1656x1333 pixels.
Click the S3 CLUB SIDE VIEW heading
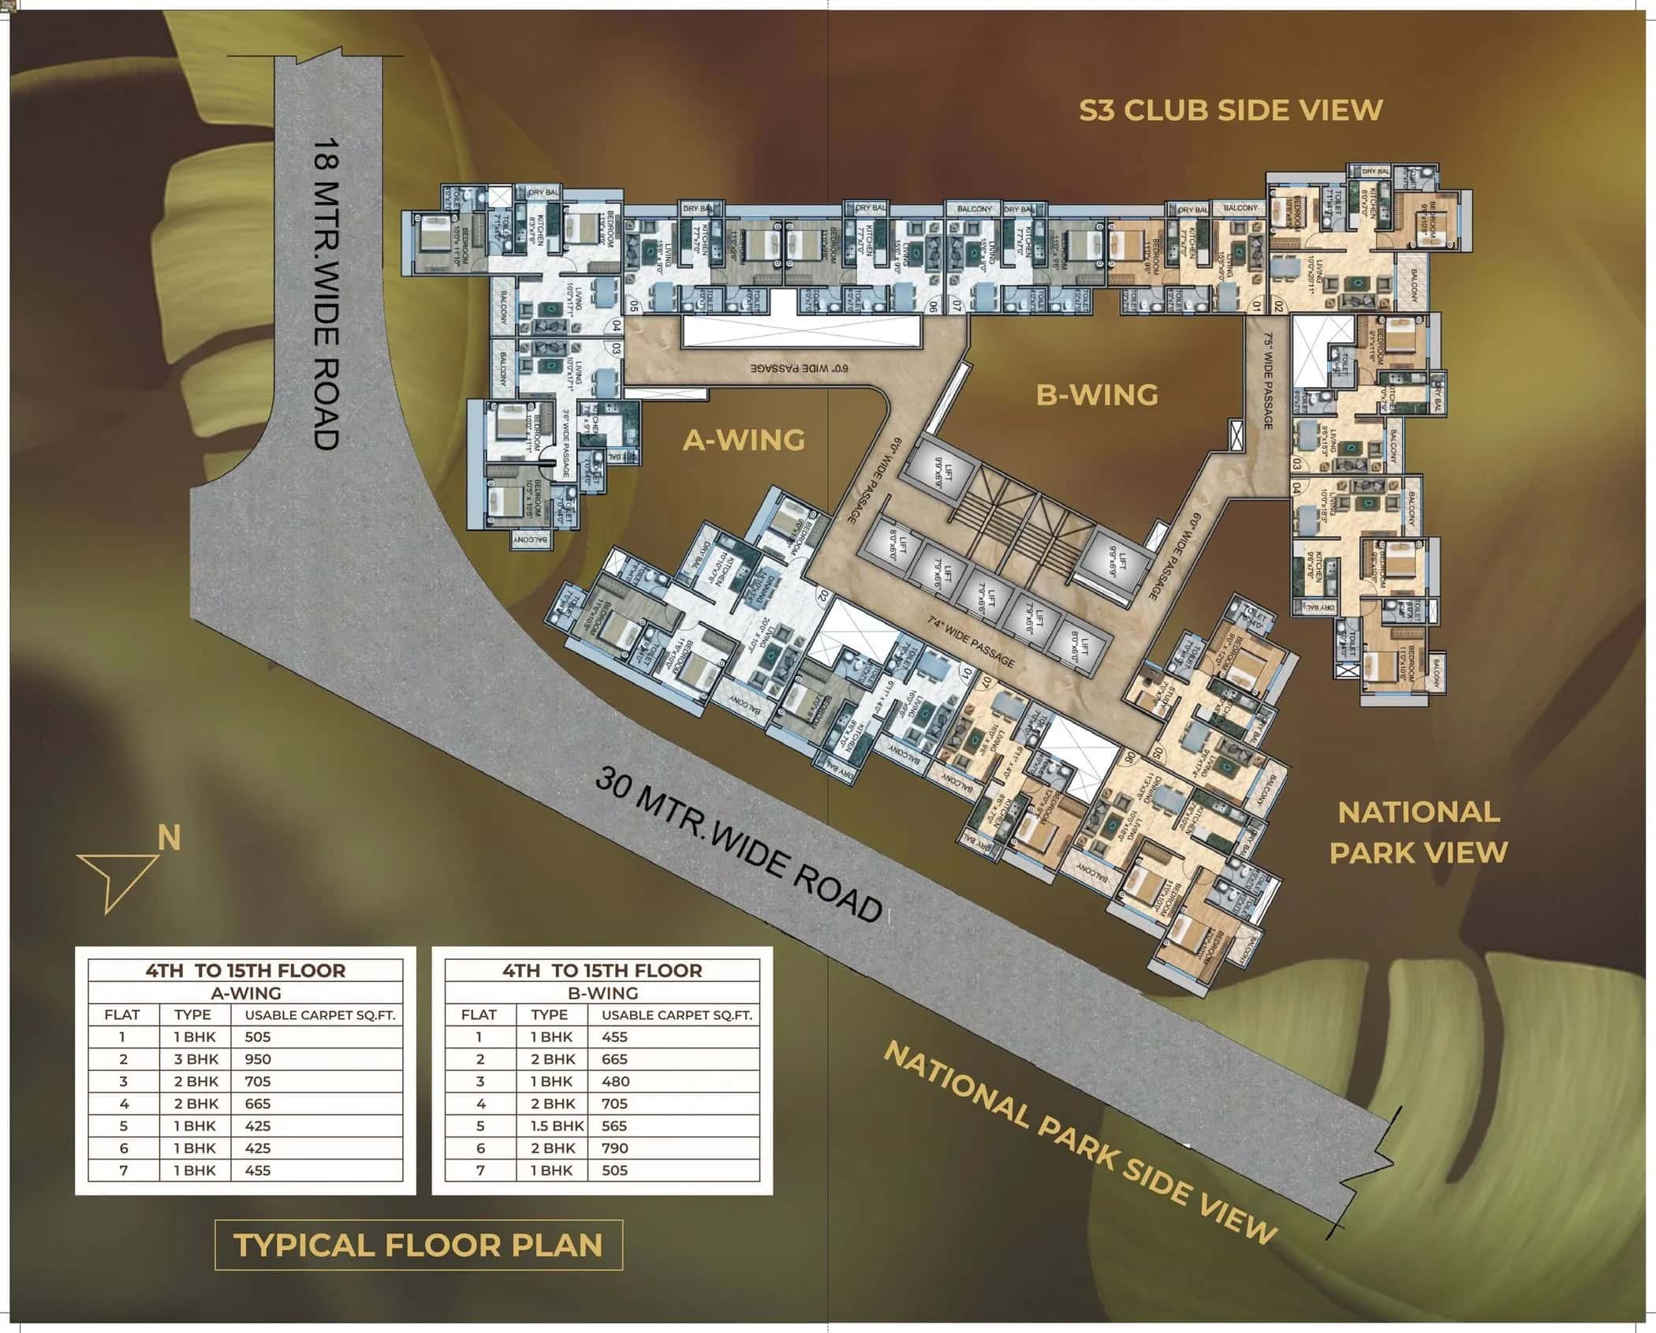point(1230,110)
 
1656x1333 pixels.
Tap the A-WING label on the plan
point(743,440)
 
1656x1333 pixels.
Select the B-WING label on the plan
point(1097,395)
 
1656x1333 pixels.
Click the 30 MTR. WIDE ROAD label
point(737,845)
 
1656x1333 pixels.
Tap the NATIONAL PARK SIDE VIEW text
point(1080,1143)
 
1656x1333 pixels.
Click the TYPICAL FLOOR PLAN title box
point(419,1245)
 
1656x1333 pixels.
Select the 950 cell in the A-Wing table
point(258,1059)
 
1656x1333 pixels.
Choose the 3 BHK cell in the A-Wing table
point(195,1059)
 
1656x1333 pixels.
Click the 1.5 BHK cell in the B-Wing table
point(557,1126)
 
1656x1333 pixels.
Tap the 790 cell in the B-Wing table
point(614,1148)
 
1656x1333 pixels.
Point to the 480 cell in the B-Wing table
point(614,1081)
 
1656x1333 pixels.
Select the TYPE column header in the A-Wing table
point(192,1015)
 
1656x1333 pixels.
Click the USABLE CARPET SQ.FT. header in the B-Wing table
point(676,1015)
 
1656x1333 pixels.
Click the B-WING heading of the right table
point(602,993)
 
